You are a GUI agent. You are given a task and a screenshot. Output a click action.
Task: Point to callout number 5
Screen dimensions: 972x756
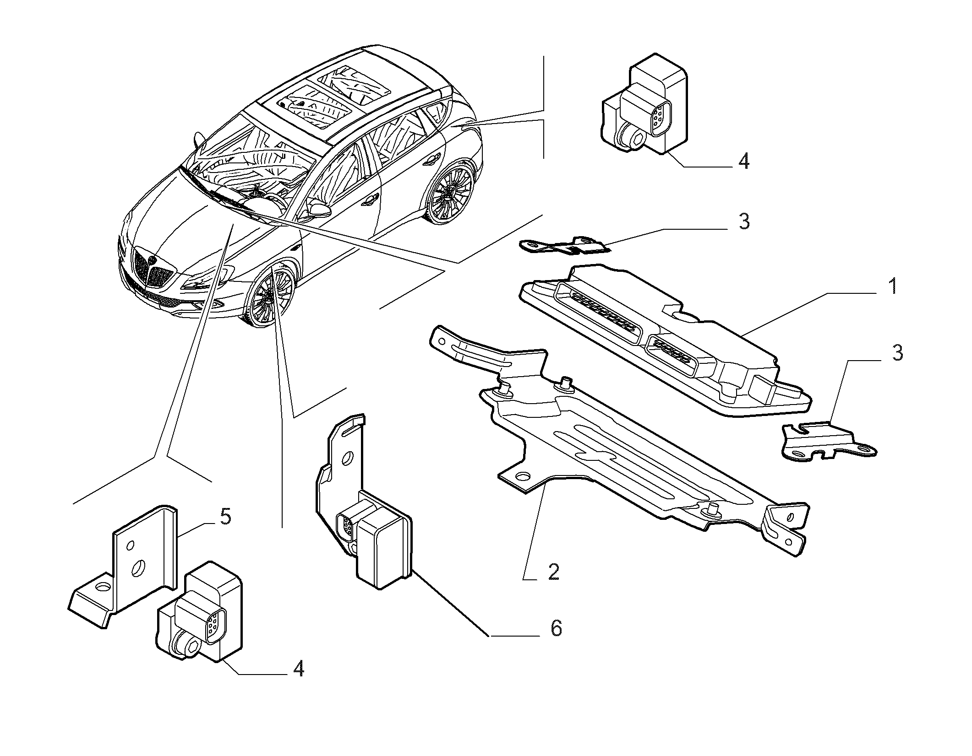(225, 517)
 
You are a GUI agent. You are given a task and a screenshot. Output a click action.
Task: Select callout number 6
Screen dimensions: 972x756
(556, 628)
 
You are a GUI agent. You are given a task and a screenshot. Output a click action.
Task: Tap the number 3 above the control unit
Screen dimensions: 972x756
(743, 221)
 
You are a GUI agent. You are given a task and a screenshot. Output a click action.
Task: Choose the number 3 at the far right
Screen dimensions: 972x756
(896, 353)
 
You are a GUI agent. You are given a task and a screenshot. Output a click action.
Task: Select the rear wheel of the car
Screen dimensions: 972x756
(450, 191)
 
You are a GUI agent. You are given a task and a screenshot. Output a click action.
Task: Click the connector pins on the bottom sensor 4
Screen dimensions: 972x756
(213, 625)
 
